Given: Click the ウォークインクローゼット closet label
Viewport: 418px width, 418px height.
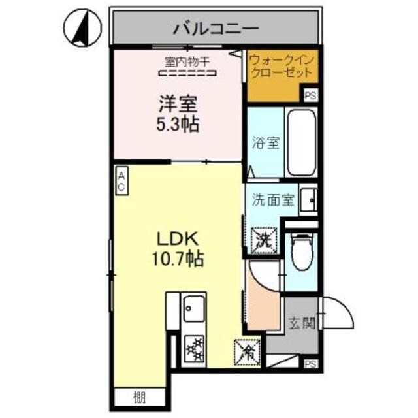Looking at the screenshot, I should coord(282,66).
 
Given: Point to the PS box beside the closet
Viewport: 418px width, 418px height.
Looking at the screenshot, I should coord(312,95).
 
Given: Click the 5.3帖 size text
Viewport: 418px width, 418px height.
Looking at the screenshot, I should coord(177,123).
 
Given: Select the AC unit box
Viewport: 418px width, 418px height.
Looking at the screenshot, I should coord(121,180).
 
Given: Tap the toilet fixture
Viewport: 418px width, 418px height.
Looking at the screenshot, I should coord(302,253).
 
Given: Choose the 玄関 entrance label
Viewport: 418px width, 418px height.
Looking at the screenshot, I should coord(302,323).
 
